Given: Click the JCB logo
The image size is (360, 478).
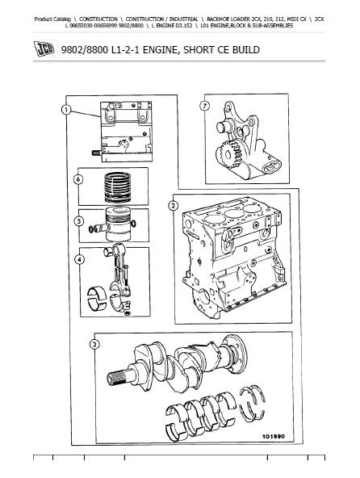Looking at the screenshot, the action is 44,48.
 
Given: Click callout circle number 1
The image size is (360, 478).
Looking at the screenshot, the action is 66,110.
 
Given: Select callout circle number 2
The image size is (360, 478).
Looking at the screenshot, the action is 174,206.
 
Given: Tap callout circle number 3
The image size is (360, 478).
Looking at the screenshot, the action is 94,345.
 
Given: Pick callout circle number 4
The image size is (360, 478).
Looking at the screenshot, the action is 79,259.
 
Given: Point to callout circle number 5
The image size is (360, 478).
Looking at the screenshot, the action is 79,221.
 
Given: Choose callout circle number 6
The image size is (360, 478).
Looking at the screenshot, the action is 78,179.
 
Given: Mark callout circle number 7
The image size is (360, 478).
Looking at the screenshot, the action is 204,106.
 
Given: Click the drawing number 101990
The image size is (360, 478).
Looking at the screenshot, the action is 273,437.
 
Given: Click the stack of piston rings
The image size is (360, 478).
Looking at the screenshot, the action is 118,187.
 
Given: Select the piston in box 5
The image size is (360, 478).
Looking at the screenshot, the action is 119,224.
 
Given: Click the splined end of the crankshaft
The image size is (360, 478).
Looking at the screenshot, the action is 117,375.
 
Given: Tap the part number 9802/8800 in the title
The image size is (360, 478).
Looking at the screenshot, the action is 85,50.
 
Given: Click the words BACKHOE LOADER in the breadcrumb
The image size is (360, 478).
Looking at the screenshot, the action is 227,19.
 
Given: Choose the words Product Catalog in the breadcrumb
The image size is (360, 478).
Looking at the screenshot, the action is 52,19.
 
